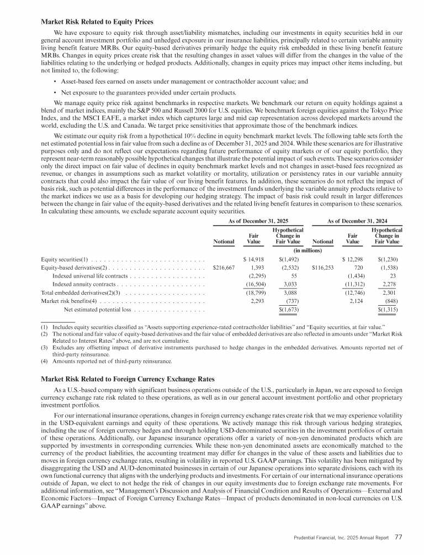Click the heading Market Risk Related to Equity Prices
97,23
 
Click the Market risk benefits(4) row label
69,316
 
